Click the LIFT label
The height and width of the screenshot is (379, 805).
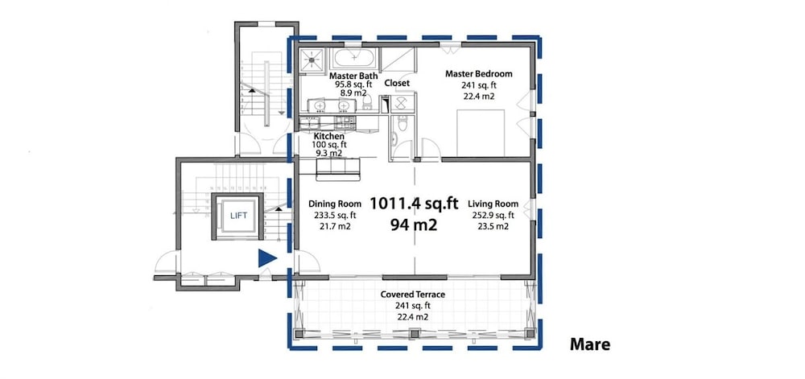pyautogui.click(x=239, y=216)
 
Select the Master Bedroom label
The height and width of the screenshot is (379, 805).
pyautogui.click(x=478, y=74)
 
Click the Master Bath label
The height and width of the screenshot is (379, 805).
pyautogui.click(x=353, y=76)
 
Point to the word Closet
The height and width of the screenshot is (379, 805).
pyautogui.click(x=397, y=83)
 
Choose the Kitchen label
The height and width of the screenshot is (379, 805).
pyautogui.click(x=329, y=137)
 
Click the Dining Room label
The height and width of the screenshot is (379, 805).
pyautogui.click(x=335, y=204)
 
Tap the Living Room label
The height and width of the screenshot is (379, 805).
pyautogui.click(x=493, y=204)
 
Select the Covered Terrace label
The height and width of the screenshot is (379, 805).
pyautogui.click(x=413, y=295)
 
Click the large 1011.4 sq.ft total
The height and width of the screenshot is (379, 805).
pyautogui.click(x=414, y=204)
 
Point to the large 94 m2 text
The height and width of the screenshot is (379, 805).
pyautogui.click(x=414, y=225)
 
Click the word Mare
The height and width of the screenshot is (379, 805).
pyautogui.click(x=590, y=344)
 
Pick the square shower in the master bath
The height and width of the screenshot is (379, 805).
pyautogui.click(x=312, y=59)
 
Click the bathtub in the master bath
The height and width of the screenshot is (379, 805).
pyautogui.click(x=353, y=59)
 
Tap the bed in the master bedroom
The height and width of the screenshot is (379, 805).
pyautogui.click(x=481, y=133)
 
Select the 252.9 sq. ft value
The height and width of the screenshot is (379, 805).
pyautogui.click(x=493, y=216)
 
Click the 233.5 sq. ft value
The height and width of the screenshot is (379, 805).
pyautogui.click(x=335, y=216)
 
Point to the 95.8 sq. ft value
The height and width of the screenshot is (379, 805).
pyautogui.click(x=353, y=85)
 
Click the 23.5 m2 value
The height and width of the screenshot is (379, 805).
pyautogui.click(x=493, y=226)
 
